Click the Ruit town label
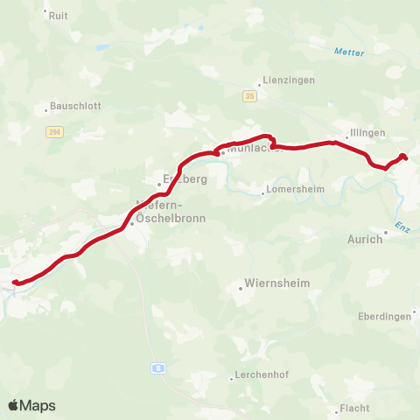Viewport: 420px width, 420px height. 59,15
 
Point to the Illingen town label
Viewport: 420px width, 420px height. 367,132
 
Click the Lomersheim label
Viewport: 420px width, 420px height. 294,188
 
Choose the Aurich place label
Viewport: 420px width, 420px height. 366,239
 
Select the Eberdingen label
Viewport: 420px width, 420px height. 385,317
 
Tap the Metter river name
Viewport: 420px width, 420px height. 348,52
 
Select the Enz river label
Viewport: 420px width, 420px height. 402,227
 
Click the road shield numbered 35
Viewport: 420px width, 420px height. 251,95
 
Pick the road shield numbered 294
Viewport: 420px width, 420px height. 54,131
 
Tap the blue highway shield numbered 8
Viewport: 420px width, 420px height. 157,368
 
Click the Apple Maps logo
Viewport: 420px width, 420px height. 31,405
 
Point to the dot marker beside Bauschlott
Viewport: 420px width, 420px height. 46,110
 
